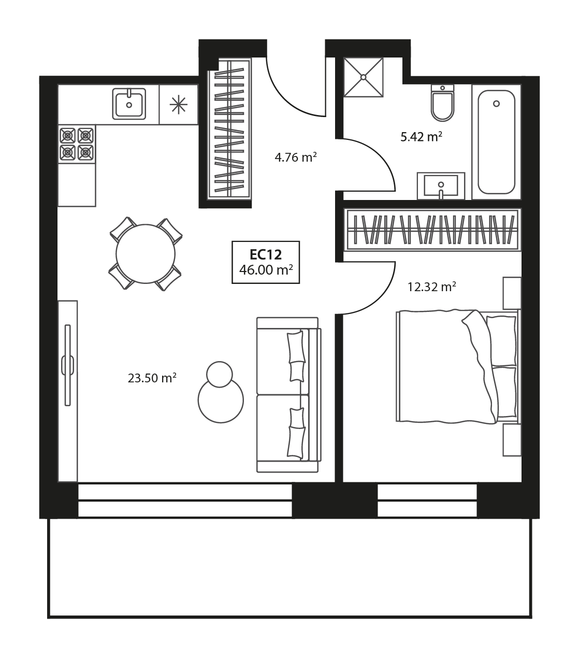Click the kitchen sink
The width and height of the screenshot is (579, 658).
point(129,104)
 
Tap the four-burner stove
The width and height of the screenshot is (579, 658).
point(77,144)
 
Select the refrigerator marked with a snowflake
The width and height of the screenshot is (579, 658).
point(179,105)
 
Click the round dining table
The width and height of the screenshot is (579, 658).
point(146,254)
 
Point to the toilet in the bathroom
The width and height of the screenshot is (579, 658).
point(442,103)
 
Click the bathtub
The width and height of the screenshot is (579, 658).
point(496,142)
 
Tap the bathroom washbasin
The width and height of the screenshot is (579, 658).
point(441,186)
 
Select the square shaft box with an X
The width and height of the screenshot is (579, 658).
point(364,77)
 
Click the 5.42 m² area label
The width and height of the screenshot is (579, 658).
point(421,137)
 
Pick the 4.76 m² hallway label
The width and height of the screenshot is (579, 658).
point(296,157)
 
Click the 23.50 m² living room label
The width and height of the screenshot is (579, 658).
point(152,378)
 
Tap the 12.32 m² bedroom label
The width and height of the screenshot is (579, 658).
point(431,287)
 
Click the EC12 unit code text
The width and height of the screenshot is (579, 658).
point(265,255)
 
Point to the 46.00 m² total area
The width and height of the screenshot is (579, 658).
point(266,270)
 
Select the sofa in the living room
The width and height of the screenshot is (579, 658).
point(288,395)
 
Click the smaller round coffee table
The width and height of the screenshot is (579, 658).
point(220,374)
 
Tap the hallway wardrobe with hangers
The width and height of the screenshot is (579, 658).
point(229,128)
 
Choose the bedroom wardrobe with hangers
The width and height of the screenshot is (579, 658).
point(432,230)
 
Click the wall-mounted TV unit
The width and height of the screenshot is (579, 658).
point(67,391)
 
